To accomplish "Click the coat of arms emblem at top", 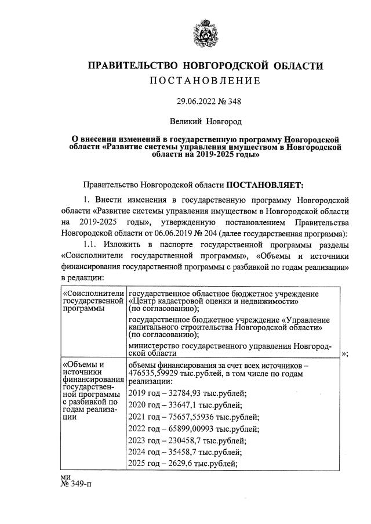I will click(x=205, y=34).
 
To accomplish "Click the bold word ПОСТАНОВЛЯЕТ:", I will click(x=264, y=185).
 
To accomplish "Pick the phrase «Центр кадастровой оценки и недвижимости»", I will click(x=214, y=301).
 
